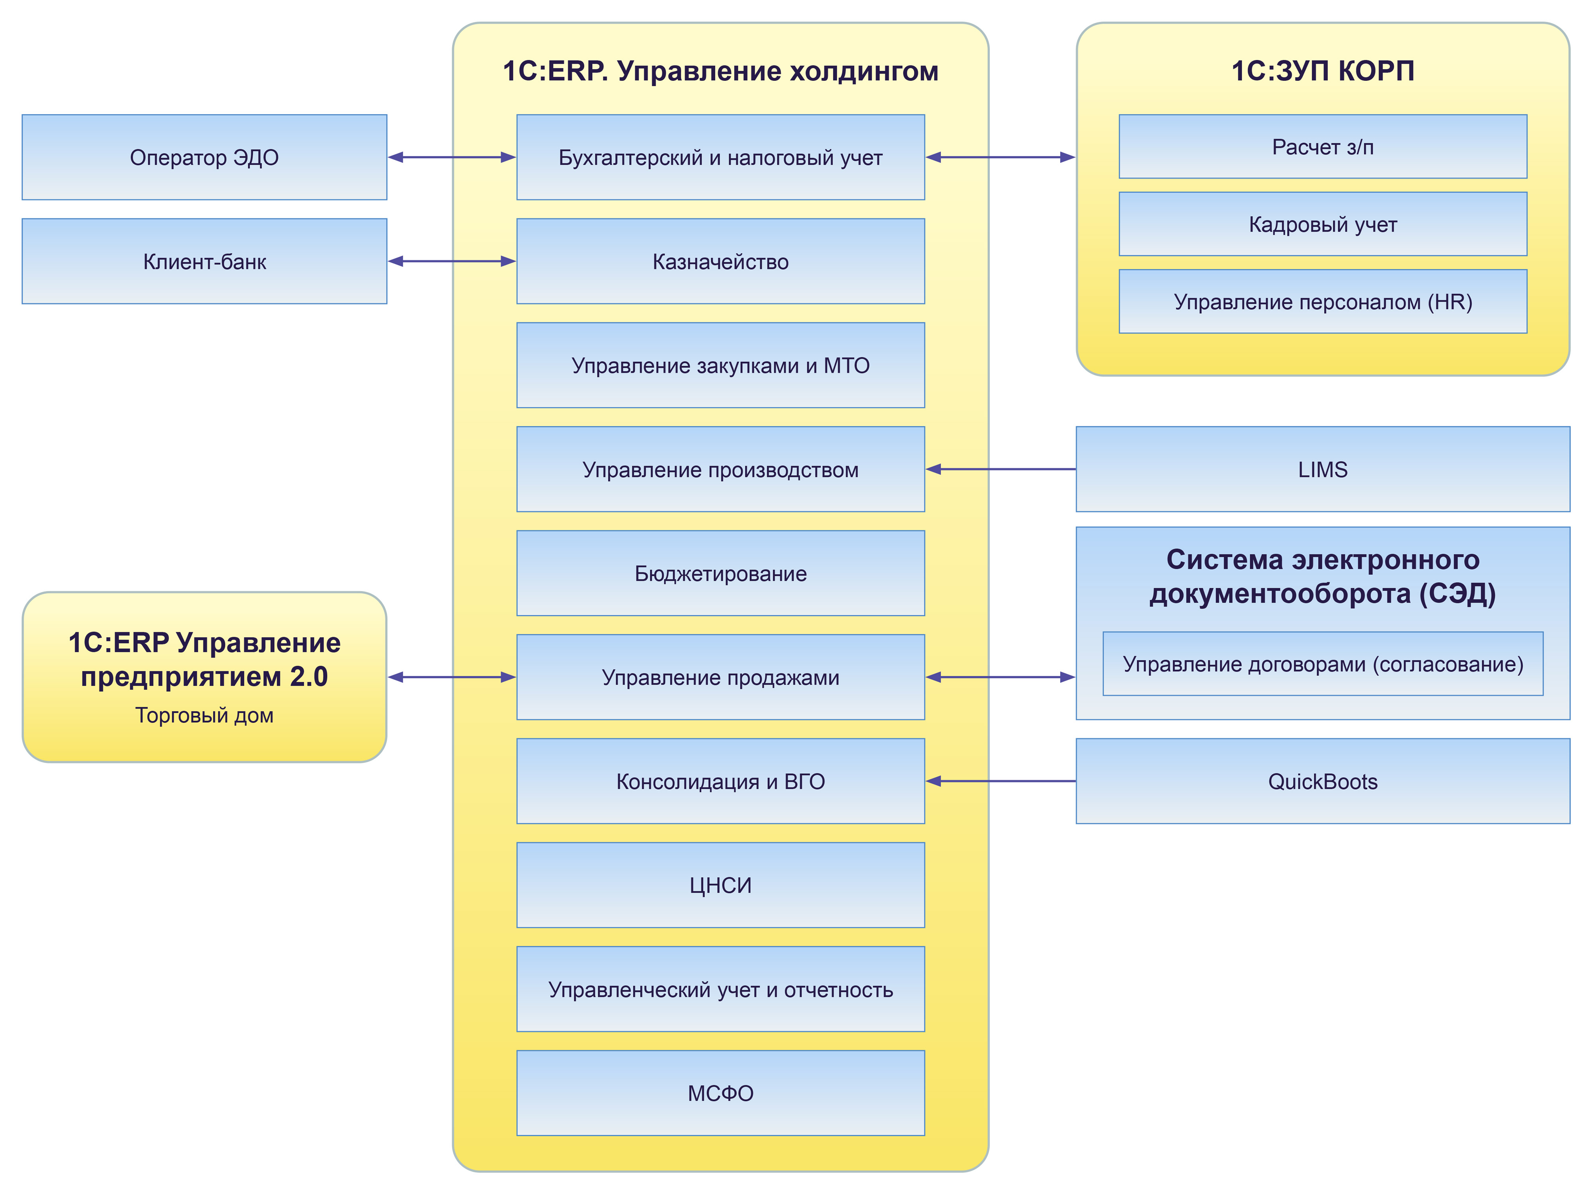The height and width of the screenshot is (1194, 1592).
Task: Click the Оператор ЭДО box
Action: coord(205,157)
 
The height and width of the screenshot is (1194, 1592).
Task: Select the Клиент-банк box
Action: coord(205,261)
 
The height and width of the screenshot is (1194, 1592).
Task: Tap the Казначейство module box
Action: coord(720,261)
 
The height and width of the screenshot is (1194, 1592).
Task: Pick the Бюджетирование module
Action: coord(720,574)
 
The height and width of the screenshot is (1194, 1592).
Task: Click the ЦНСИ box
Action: coord(720,885)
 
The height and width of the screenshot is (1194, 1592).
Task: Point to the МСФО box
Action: coord(720,1093)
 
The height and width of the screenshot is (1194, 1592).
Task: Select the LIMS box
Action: coord(1323,469)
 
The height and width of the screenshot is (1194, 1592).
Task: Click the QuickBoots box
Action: coord(1323,782)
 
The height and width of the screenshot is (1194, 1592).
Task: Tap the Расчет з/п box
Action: coord(1323,147)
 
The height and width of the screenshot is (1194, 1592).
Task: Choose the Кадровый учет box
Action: coord(1323,224)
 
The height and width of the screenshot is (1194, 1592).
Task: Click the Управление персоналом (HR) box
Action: coord(1323,302)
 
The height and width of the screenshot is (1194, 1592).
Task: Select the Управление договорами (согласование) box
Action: coord(1323,663)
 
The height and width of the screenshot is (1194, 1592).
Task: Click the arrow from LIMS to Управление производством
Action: coord(1001,469)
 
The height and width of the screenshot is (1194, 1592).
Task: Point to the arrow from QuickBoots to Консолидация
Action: coord(1001,781)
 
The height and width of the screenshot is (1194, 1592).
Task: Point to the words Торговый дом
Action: coord(205,715)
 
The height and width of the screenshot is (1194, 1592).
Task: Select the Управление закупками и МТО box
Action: coord(720,366)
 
